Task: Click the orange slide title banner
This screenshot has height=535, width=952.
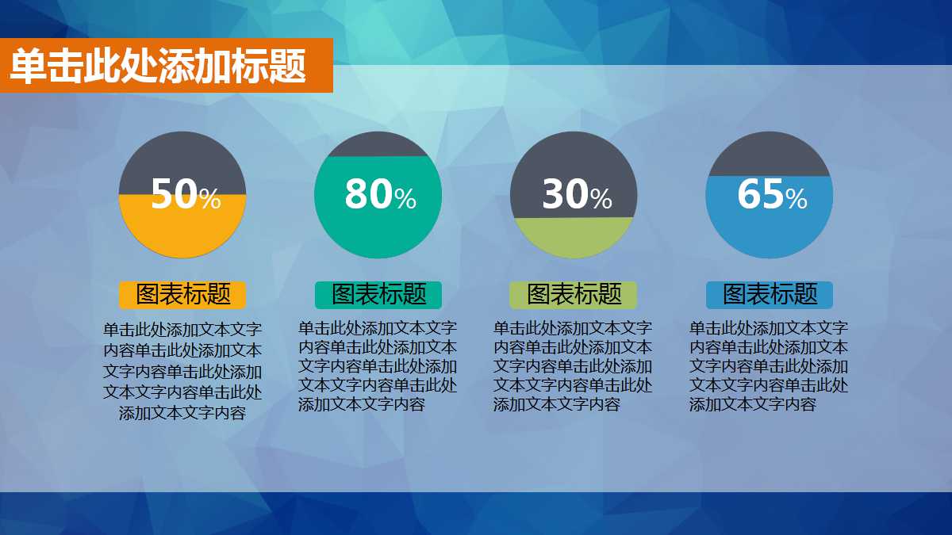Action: (165, 66)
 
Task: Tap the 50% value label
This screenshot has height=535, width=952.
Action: (185, 194)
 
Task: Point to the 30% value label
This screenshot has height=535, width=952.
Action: (576, 194)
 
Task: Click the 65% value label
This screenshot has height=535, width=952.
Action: (771, 194)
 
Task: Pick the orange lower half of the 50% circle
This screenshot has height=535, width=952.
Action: (182, 234)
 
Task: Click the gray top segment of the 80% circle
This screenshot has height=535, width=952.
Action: (378, 144)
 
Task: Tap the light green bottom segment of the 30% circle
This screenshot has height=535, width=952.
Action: (574, 238)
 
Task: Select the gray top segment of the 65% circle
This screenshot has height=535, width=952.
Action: (769, 153)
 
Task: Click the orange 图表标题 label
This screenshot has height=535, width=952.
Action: (182, 295)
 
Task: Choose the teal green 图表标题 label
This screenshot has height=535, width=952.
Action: (378, 295)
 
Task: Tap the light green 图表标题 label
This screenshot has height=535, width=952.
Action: (574, 295)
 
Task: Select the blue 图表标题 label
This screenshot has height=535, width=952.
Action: (770, 295)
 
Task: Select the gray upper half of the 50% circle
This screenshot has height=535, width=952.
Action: (182, 159)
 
